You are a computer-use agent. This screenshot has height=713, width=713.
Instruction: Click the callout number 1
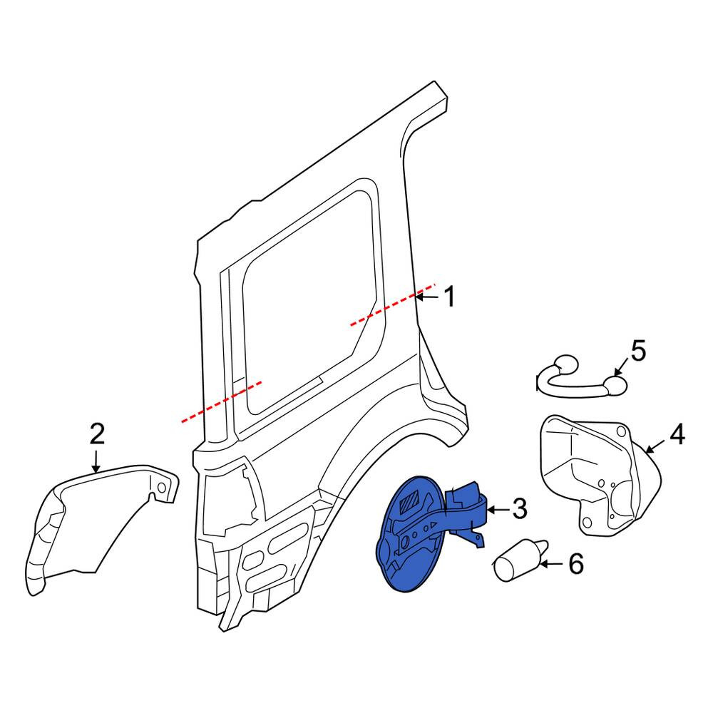[x=449, y=297]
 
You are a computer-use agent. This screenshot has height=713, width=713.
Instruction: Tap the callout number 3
[x=520, y=508]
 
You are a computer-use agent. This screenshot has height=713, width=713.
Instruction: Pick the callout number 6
[x=576, y=564]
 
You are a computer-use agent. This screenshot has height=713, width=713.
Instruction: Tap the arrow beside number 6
[x=551, y=564]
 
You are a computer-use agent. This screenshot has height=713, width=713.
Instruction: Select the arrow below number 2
[x=96, y=461]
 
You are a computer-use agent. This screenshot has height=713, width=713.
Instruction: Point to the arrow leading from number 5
[x=622, y=366]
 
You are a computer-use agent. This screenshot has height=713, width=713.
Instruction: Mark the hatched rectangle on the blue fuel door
[x=409, y=502]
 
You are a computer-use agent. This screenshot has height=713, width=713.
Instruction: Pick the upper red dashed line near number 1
[x=393, y=304]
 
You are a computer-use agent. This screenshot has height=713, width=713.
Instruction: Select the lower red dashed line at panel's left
[x=222, y=402]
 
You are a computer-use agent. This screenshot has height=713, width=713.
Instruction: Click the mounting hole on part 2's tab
[x=161, y=488]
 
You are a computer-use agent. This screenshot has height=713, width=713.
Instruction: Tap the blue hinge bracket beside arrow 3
[x=466, y=511]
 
